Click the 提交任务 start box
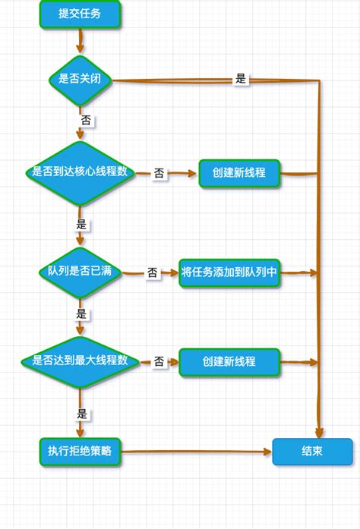pyautogui.click(x=81, y=14)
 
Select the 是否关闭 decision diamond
pyautogui.click(x=81, y=79)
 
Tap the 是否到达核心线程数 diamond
pyautogui.click(x=81, y=172)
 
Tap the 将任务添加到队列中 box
pyautogui.click(x=230, y=272)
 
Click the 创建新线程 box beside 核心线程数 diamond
pyautogui.click(x=239, y=172)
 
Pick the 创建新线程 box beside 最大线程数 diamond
pyautogui.click(x=229, y=361)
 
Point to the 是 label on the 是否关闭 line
pyautogui.click(x=242, y=79)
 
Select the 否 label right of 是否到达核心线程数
pyautogui.click(x=159, y=173)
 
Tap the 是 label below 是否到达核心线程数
pyautogui.click(x=82, y=225)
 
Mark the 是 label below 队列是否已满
pyautogui.click(x=82, y=313)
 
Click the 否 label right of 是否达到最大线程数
pyautogui.click(x=159, y=362)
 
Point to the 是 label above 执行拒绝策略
pyautogui.click(x=82, y=414)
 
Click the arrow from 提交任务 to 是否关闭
pyautogui.click(x=81, y=41)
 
